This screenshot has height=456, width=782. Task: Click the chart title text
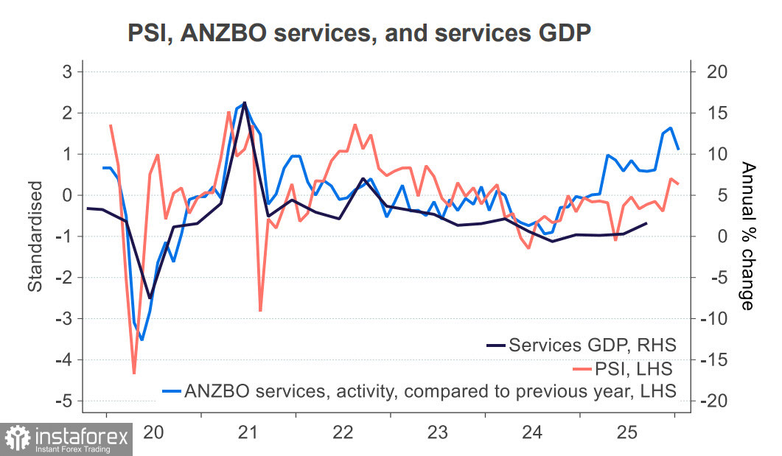click(x=360, y=32)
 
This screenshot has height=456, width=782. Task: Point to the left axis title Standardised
click(x=34, y=236)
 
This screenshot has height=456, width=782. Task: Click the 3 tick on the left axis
click(x=66, y=72)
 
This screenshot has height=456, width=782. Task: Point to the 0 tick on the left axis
click(x=66, y=195)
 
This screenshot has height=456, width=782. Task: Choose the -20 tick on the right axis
click(x=716, y=401)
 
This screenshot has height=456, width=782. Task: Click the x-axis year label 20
click(x=153, y=432)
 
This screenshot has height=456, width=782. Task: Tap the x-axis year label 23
click(x=437, y=432)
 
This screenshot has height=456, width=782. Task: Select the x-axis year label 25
click(x=627, y=432)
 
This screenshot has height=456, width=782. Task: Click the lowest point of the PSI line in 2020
click(x=134, y=373)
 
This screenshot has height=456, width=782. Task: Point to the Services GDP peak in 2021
click(x=245, y=102)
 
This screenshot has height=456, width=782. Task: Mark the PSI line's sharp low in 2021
click(x=260, y=311)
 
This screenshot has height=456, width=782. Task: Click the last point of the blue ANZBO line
click(x=678, y=150)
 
